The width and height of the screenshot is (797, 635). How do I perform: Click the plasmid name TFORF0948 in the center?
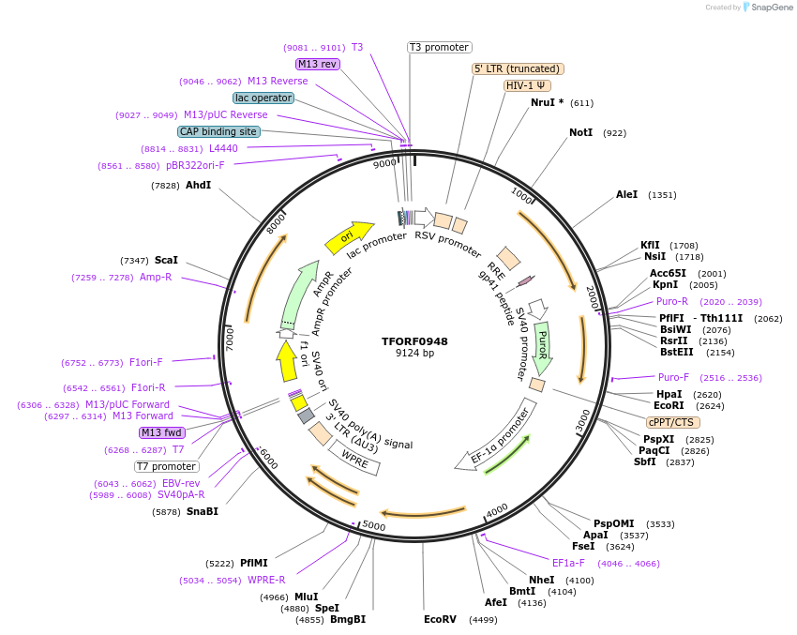tap(414, 340)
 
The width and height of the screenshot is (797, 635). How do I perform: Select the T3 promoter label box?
tap(439, 47)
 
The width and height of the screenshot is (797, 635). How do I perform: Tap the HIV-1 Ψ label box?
tap(527, 85)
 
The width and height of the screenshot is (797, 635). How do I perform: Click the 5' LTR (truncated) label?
tap(517, 68)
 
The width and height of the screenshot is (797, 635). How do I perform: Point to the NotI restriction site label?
tap(580, 133)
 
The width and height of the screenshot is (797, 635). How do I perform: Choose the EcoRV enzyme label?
tap(440, 619)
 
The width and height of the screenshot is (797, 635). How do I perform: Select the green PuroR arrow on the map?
tap(542, 347)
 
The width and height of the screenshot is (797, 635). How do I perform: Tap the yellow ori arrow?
tap(349, 238)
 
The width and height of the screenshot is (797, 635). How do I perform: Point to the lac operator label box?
tap(263, 98)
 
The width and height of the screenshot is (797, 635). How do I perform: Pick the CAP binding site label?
tap(218, 132)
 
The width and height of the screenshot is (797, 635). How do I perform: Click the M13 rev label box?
tap(317, 64)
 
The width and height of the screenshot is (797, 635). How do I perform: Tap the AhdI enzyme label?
tap(198, 186)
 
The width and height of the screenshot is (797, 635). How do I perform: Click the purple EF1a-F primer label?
tap(568, 563)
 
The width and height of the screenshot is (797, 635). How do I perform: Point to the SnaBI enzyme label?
tap(202, 511)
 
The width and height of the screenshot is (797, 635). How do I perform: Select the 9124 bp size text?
tap(414, 354)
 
